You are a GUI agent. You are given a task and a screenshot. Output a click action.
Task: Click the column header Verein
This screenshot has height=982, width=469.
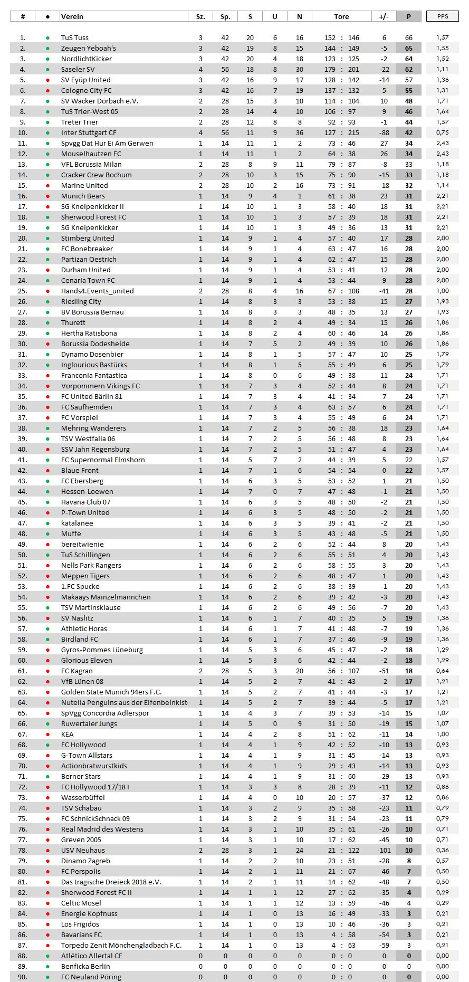click(72, 16)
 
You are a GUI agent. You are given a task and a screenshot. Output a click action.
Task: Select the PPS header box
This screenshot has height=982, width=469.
click(443, 16)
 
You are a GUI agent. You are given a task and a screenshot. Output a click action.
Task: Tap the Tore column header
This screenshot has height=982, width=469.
click(341, 16)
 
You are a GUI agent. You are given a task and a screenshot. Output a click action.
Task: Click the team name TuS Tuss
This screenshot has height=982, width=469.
click(75, 37)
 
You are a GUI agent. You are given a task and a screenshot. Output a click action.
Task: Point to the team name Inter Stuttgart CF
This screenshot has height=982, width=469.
click(89, 132)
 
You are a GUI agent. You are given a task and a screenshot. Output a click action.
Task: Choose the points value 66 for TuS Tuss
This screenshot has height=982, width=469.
click(409, 37)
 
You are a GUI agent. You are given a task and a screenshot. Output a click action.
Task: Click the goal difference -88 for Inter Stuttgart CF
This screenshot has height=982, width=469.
click(384, 132)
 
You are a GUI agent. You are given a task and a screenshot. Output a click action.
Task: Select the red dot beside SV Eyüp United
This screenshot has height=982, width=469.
click(47, 80)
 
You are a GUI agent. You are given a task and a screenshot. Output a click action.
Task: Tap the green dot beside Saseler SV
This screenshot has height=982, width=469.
click(47, 69)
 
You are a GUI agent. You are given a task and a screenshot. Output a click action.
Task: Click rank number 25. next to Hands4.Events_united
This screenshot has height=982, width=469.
click(22, 291)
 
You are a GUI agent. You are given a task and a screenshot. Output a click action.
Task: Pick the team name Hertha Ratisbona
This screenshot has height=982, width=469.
click(89, 333)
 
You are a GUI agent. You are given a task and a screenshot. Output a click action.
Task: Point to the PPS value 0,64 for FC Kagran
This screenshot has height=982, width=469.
click(443, 671)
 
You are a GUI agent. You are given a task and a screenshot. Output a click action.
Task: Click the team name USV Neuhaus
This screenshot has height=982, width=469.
click(83, 850)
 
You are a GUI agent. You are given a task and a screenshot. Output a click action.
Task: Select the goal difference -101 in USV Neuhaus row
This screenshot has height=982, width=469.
click(384, 850)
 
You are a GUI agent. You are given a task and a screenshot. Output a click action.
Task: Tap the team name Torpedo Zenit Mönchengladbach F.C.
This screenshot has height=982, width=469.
click(121, 945)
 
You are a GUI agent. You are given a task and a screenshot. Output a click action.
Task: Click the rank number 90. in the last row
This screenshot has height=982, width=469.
click(22, 977)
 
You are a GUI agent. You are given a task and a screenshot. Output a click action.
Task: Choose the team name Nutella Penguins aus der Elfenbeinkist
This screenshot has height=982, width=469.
click(124, 702)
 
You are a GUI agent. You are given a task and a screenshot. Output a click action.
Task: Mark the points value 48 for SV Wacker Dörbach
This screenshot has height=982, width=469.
click(409, 101)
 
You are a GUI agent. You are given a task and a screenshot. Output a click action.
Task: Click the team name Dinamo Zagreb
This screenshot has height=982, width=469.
click(85, 861)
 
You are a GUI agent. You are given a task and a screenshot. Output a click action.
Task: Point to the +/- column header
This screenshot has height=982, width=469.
click(384, 16)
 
